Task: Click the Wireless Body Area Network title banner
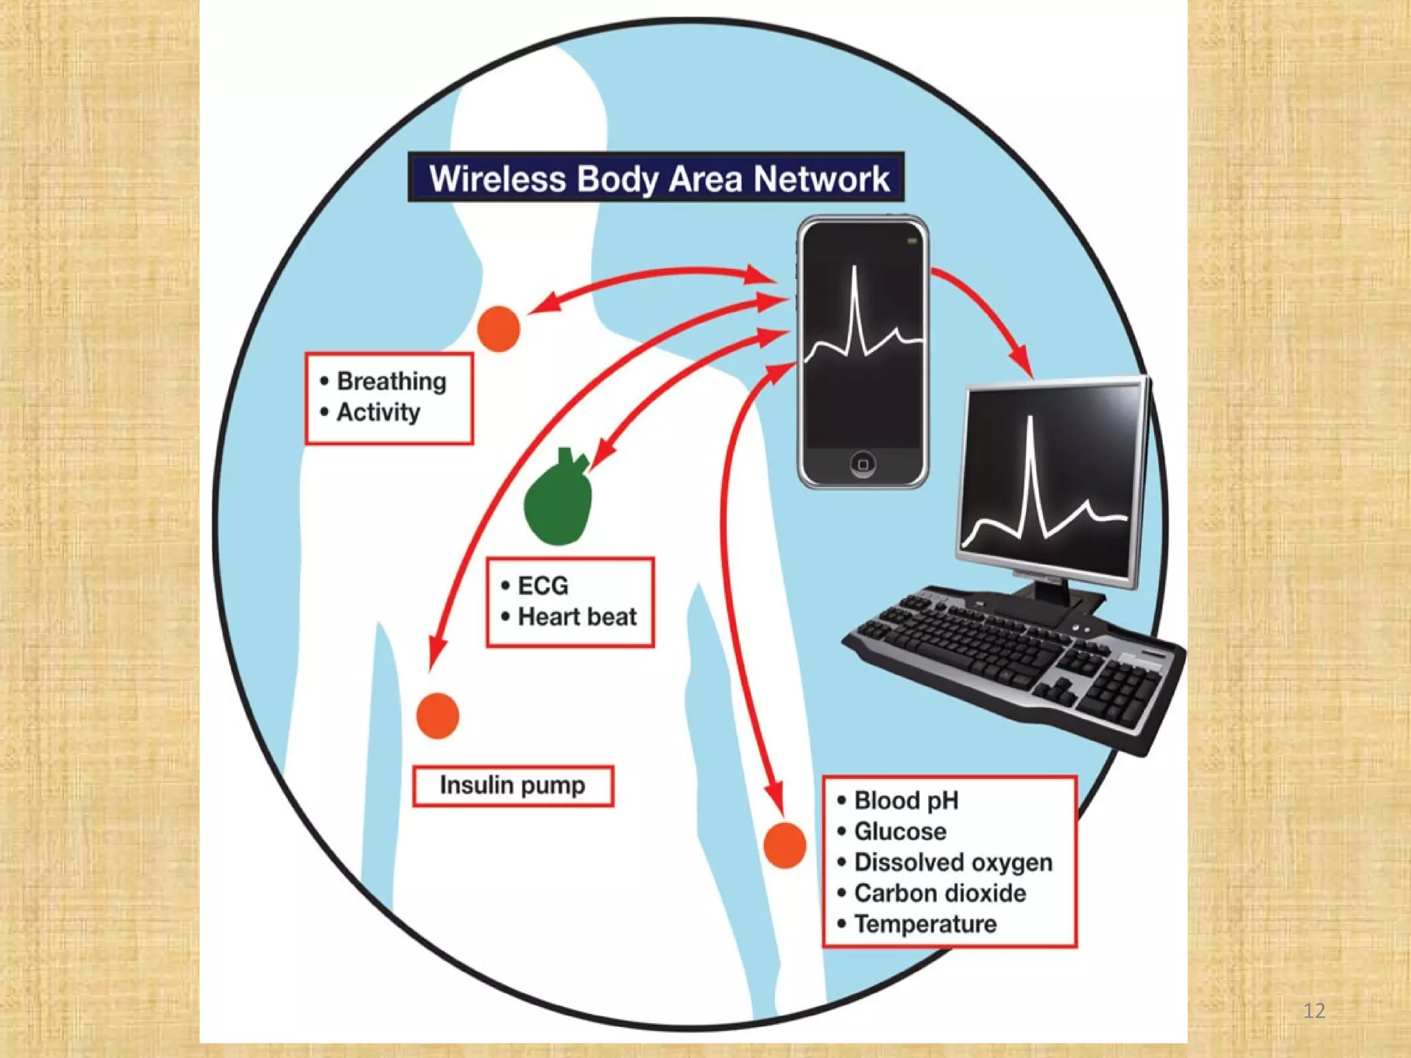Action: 656,178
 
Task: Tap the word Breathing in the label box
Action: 391,381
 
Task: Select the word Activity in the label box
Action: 378,412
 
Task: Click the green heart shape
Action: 559,500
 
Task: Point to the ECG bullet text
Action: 543,585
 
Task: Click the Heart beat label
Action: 577,616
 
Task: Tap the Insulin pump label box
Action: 513,785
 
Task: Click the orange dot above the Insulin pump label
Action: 438,716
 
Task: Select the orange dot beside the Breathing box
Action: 499,329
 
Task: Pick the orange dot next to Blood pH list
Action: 785,844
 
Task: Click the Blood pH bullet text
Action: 906,800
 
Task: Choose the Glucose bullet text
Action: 900,831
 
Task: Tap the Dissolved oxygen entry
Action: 953,862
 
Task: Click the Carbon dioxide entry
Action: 940,893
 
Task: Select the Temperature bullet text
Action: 925,924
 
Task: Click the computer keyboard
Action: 1013,661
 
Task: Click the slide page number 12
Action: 1315,1010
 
